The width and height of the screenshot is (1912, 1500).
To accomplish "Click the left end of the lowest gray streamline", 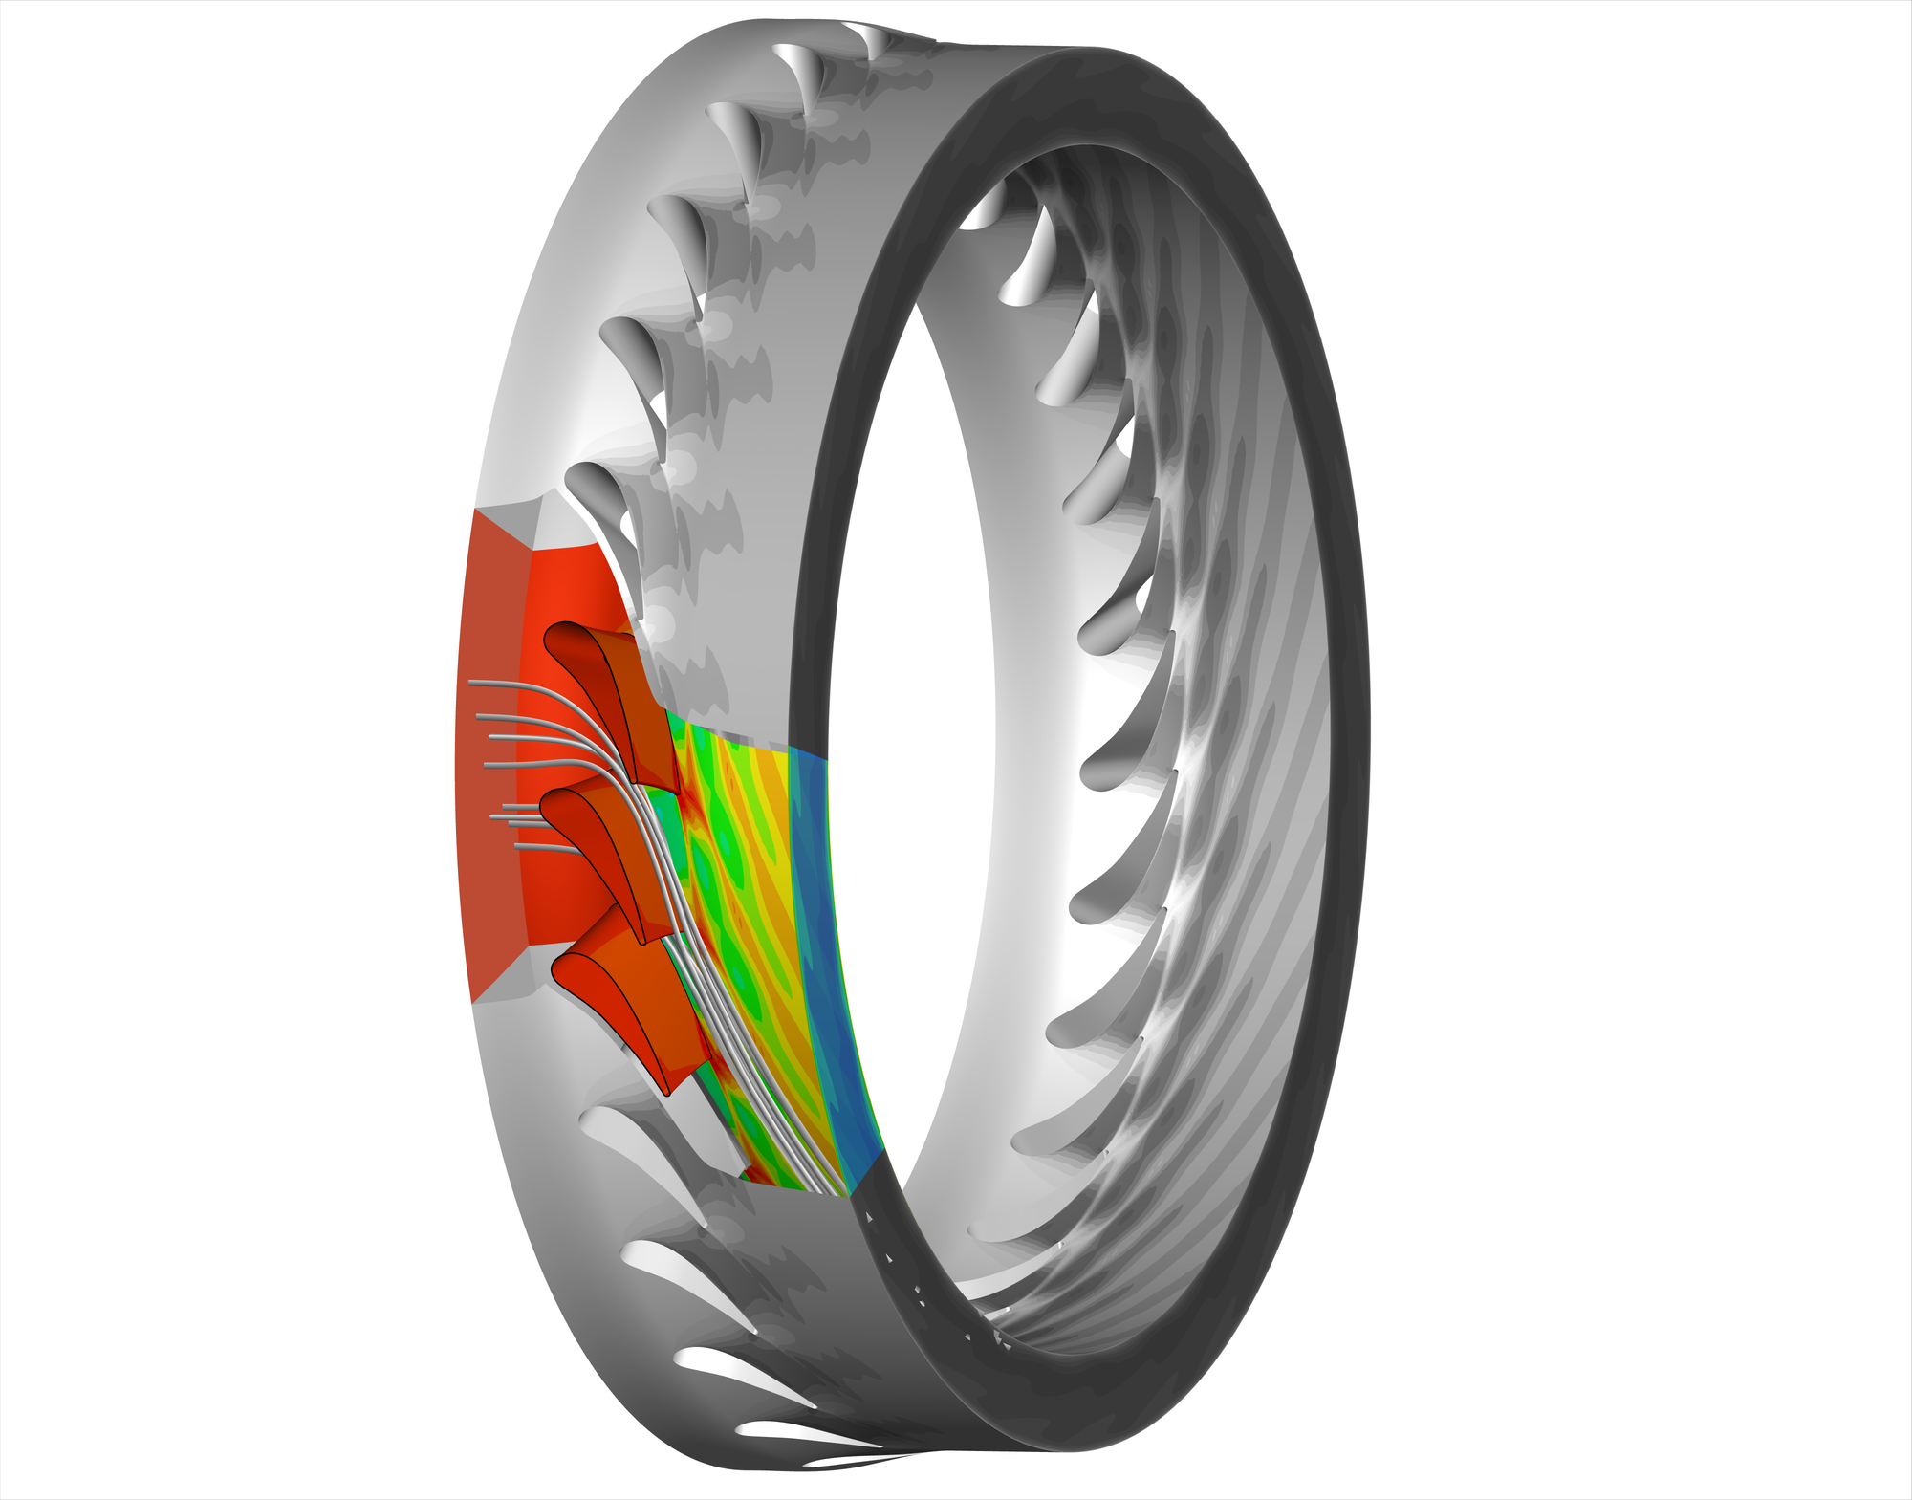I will [x=517, y=846].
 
